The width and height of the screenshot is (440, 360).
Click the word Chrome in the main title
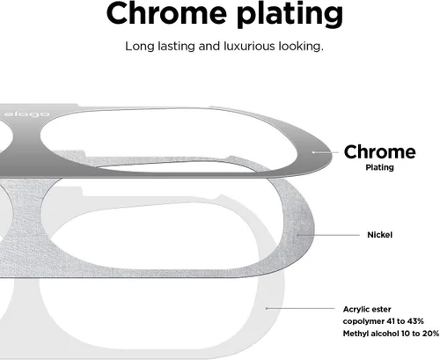coord(166,13)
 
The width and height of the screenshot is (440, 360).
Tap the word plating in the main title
coord(290,15)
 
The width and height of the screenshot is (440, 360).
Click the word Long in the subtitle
coord(140,47)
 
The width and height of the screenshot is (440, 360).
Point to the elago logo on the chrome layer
coord(27,114)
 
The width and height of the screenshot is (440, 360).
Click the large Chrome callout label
coord(379,152)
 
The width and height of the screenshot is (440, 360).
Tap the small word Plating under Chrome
coord(379,167)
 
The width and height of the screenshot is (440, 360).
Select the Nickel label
coord(379,235)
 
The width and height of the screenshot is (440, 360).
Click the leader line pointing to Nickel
coord(328,235)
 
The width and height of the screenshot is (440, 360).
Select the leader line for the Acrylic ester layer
coord(300,308)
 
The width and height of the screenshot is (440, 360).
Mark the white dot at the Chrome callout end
coord(313,152)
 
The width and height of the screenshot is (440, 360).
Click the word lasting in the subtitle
coord(176,46)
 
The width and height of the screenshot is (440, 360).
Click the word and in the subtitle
coord(209,46)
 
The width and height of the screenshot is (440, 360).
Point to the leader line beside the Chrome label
coord(326,152)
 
